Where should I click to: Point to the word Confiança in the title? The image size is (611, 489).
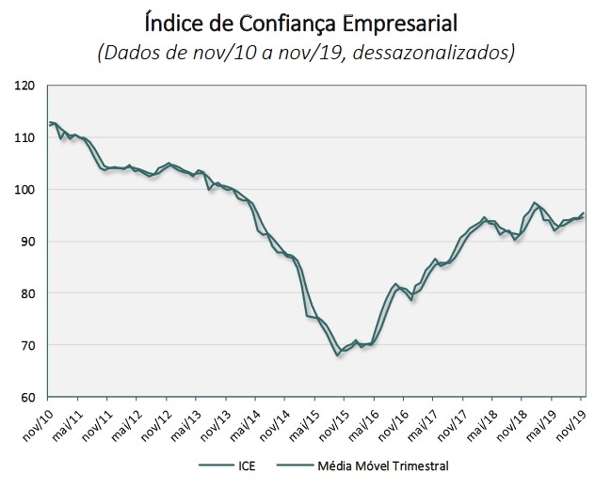coord(283,20)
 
